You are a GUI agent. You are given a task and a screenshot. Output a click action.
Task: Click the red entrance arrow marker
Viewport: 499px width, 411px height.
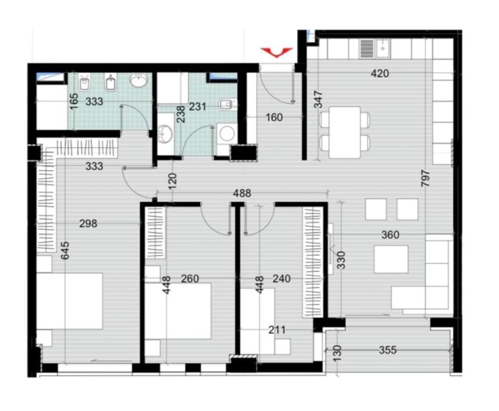coord(277,52)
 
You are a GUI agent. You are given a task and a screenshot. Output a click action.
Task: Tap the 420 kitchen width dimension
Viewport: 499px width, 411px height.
coord(380,74)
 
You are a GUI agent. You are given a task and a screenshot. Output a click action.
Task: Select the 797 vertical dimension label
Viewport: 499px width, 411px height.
coord(425,182)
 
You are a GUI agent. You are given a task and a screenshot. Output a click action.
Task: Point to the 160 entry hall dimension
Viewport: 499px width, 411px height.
coord(274,118)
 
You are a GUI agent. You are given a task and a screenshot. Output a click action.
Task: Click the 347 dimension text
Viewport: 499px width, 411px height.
coord(318,100)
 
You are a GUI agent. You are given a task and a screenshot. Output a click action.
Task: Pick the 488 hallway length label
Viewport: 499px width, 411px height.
coord(243,193)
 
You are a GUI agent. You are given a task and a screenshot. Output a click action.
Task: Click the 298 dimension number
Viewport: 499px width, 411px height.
coord(88,223)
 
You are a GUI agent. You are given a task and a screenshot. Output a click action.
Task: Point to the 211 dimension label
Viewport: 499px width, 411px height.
coord(276,330)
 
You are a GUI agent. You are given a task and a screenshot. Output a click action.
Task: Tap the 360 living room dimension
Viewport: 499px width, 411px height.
coord(390,235)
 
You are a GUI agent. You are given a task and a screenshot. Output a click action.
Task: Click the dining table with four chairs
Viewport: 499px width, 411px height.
coord(344,132)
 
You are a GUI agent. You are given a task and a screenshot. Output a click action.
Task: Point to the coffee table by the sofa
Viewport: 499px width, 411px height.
coord(391,259)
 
